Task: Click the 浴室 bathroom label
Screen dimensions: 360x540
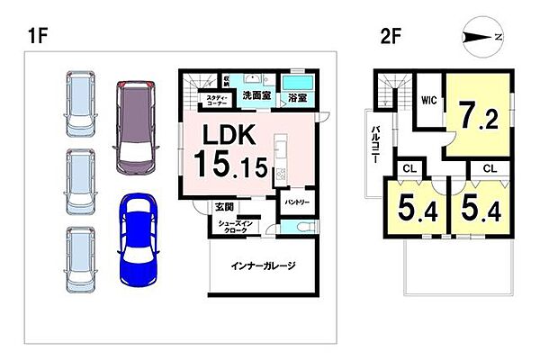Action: pos(298,97)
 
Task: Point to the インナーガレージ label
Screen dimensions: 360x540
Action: pos(263,267)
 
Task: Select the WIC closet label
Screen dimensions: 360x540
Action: pos(428,101)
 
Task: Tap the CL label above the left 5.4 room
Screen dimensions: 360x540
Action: pos(409,168)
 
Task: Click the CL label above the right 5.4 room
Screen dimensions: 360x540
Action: pos(490,168)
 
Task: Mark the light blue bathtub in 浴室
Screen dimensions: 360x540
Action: pos(298,81)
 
